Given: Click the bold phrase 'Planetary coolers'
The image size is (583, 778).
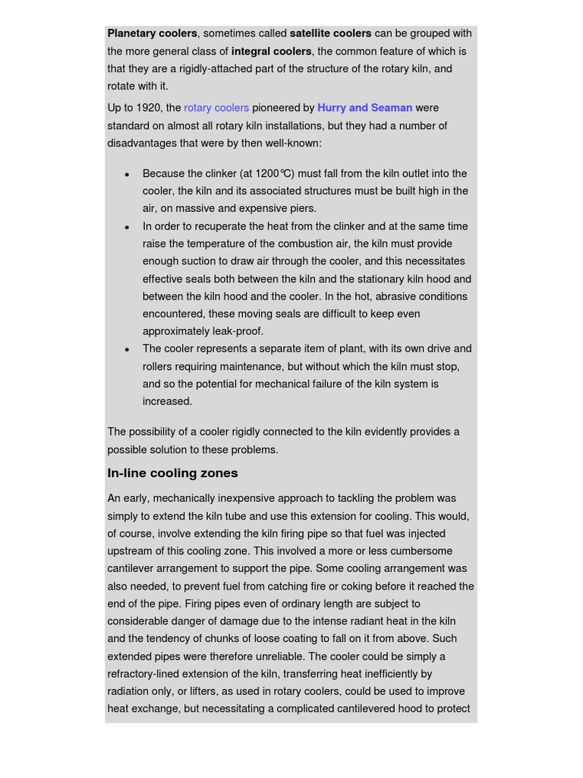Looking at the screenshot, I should pyautogui.click(x=152, y=33).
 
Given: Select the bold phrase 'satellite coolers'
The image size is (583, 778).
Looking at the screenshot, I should pyautogui.click(x=330, y=33).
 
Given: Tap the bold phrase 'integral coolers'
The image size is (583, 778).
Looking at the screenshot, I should pyautogui.click(x=271, y=52).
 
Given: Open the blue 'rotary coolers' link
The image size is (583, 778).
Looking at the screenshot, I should pyautogui.click(x=216, y=108).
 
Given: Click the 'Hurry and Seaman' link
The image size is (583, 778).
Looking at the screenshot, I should pyautogui.click(x=364, y=108).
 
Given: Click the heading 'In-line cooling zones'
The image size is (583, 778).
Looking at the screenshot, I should pyautogui.click(x=172, y=473).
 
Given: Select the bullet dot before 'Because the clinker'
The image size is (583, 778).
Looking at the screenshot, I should pyautogui.click(x=127, y=174).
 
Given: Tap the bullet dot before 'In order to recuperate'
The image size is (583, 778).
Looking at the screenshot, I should pyautogui.click(x=127, y=226).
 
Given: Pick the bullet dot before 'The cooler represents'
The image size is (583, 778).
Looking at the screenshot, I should pyautogui.click(x=127, y=349).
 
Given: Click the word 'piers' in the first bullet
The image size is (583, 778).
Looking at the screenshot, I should pyautogui.click(x=302, y=208).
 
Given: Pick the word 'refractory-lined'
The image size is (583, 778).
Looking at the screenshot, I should pyautogui.click(x=147, y=674).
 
